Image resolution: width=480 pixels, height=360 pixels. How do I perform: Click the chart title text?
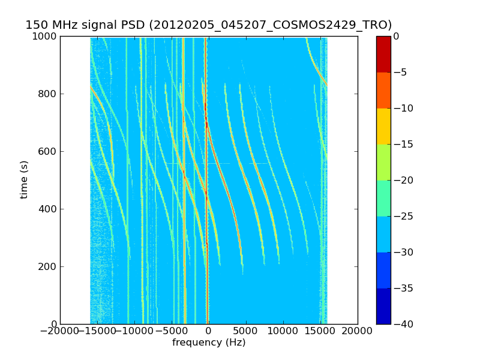point(208,25)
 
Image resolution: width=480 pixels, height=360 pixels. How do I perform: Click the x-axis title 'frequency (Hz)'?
point(209,343)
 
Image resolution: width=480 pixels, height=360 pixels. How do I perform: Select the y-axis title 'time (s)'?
point(25,179)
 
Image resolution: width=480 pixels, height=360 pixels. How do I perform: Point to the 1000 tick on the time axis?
point(46,37)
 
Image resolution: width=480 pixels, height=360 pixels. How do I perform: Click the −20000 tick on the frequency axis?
point(59,331)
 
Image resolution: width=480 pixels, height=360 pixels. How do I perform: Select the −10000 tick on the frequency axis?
point(134,331)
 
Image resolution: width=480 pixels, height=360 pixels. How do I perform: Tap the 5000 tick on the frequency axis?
point(246,331)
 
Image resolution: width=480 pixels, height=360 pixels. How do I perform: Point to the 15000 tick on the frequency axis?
point(320,331)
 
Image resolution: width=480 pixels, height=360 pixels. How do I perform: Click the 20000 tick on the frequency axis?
point(358,331)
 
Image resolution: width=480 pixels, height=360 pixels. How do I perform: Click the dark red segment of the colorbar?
point(383,54)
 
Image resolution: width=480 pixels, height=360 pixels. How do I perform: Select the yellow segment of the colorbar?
point(383,126)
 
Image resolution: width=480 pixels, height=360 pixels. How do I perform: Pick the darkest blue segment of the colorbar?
point(383,306)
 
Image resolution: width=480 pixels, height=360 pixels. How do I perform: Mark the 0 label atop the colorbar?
point(396,37)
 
